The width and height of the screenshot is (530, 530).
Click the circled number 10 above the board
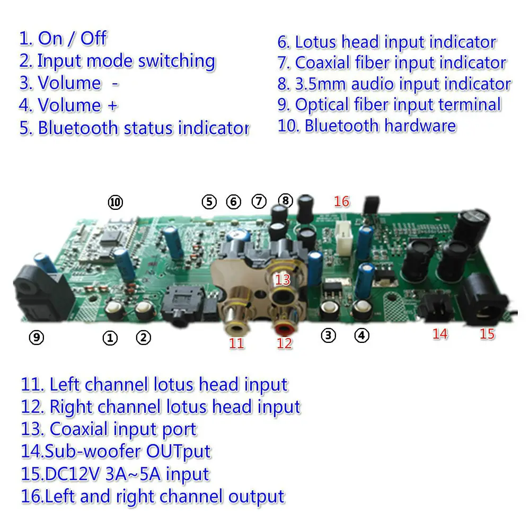(x=115, y=202)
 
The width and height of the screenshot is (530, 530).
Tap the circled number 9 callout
(x=36, y=338)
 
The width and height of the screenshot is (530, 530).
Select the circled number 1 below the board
(x=110, y=338)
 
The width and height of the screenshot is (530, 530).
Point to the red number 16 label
(x=342, y=201)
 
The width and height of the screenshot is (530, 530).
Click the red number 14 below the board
(x=440, y=334)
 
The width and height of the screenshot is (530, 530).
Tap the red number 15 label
(x=487, y=334)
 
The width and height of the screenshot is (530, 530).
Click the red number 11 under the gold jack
(x=236, y=343)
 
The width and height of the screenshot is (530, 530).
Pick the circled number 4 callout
(x=361, y=335)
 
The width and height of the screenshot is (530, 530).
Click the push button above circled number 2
(x=144, y=309)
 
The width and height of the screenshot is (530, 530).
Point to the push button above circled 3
(x=329, y=307)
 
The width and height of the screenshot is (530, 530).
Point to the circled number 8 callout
(x=285, y=200)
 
